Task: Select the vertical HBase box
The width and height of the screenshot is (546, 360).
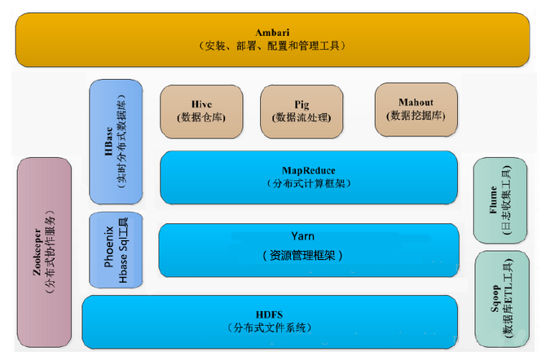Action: [115, 142]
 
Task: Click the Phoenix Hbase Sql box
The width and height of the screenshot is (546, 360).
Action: [115, 250]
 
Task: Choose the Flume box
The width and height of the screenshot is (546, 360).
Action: [500, 200]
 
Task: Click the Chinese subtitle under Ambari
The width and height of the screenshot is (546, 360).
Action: [271, 46]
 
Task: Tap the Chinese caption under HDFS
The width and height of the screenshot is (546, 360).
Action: [269, 327]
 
